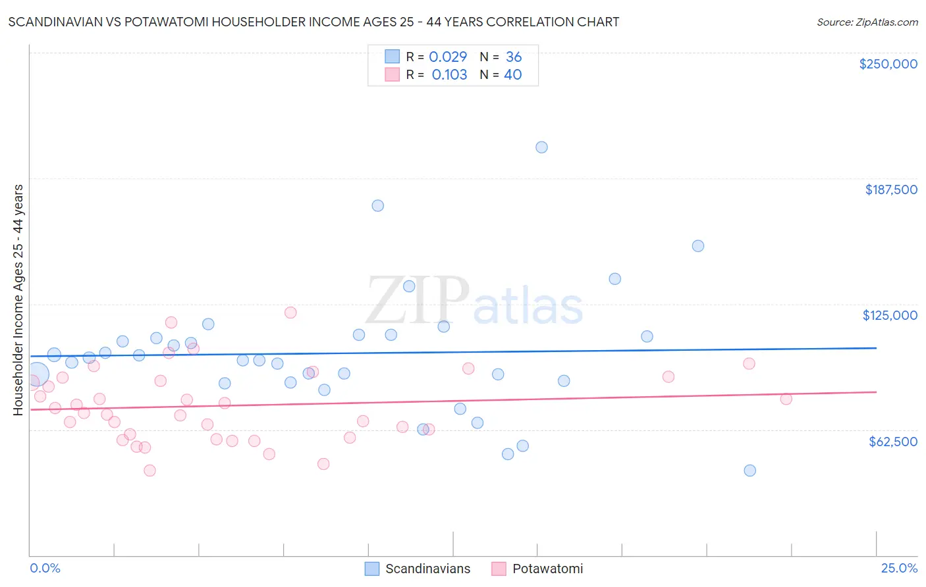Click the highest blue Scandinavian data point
pyautogui.click(x=541, y=147)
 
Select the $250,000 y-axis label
pyautogui.click(x=888, y=64)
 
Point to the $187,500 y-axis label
pyautogui.click(x=890, y=190)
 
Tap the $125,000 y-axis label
pyautogui.click(x=890, y=315)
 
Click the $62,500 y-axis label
pyautogui.click(x=892, y=442)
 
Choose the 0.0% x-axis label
pyautogui.click(x=45, y=568)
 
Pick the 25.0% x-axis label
pyautogui.click(x=899, y=568)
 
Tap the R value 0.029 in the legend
pyautogui.click(x=448, y=57)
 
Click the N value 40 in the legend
pyautogui.click(x=512, y=74)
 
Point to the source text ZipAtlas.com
pyautogui.click(x=867, y=22)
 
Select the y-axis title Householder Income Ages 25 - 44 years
pyautogui.click(x=18, y=299)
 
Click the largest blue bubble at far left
pyautogui.click(x=37, y=374)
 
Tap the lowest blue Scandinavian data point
pyautogui.click(x=749, y=471)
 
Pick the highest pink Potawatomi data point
pyautogui.click(x=290, y=313)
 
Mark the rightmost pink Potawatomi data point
pyautogui.click(x=786, y=399)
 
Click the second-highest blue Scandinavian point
pyautogui.click(x=377, y=205)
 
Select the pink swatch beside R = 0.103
pyautogui.click(x=393, y=74)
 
